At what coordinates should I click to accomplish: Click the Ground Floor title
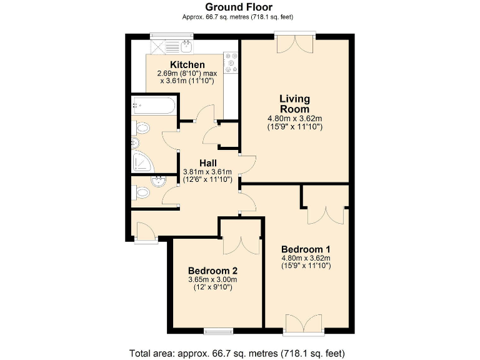tap(239, 7)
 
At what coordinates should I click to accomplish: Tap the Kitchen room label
tap(187, 65)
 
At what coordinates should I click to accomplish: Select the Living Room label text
tap(294, 104)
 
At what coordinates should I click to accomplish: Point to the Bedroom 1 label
tap(306, 248)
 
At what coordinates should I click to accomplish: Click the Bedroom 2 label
tap(213, 271)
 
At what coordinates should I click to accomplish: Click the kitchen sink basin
tap(187, 46)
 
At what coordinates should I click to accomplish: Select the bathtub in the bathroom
tap(153, 106)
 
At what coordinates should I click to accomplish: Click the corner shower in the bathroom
tap(142, 162)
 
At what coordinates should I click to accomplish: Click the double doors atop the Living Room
tap(294, 44)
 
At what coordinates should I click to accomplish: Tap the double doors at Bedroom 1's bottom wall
tap(303, 322)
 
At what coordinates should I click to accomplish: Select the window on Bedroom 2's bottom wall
tap(218, 330)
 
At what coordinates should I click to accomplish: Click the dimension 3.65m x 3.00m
tap(213, 279)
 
